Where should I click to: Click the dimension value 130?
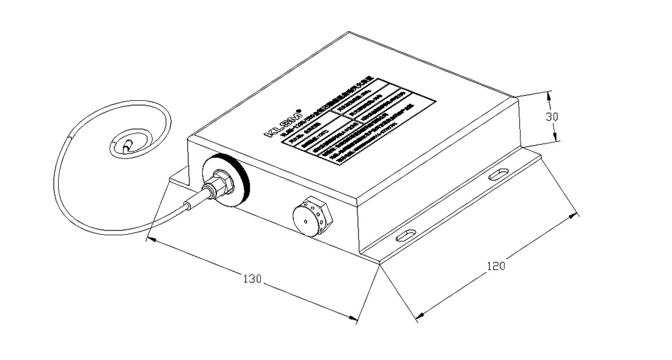[253, 279]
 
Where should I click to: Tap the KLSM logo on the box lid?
[280, 125]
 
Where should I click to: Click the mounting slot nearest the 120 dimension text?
[404, 236]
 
